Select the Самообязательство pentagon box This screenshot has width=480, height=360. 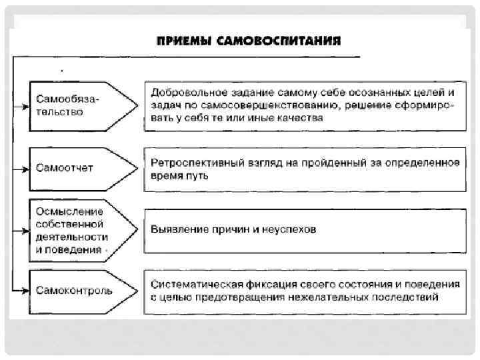(80, 105)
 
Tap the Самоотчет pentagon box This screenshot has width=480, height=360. (80, 167)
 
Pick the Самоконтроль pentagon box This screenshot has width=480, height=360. (80, 291)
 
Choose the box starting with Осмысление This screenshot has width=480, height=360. (73, 229)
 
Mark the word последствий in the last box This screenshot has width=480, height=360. (406, 297)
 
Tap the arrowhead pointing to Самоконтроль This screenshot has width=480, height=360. (29, 291)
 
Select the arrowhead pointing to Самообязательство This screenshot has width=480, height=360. (29, 105)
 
